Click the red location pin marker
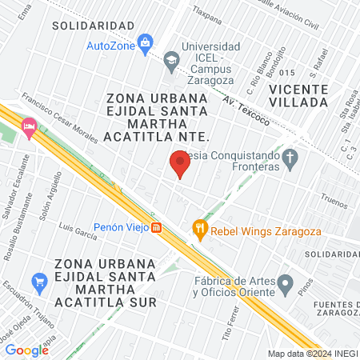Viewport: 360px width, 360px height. pyautogui.click(x=179, y=164)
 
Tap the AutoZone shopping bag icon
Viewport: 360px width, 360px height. pyautogui.click(x=145, y=42)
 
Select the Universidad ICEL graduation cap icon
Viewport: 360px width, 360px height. pyautogui.click(x=171, y=59)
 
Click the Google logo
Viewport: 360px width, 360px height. pyautogui.click(x=27, y=350)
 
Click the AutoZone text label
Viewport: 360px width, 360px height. pyautogui.click(x=110, y=45)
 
